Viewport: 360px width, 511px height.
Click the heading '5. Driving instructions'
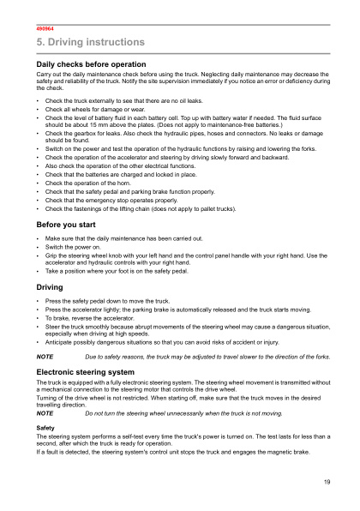84,42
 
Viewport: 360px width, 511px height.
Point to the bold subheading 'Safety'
45,426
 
